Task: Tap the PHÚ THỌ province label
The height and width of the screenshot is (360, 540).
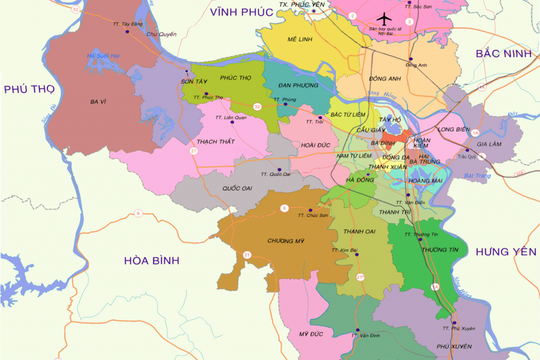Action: tap(29, 90)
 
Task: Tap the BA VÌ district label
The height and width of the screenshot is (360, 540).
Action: tap(98, 102)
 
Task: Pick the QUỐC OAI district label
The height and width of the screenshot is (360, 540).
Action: tap(238, 187)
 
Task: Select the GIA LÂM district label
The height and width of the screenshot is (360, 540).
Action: tap(489, 143)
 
